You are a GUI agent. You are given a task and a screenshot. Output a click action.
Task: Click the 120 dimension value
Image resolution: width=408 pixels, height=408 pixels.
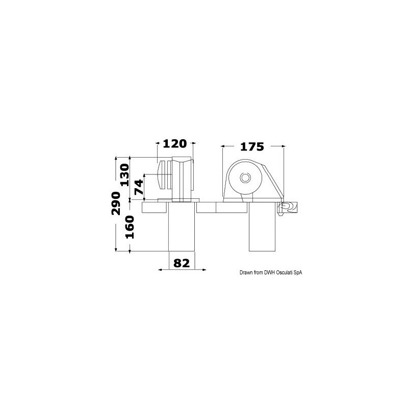point(175,144)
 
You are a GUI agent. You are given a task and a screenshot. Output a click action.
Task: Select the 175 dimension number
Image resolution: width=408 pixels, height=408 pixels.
point(252,147)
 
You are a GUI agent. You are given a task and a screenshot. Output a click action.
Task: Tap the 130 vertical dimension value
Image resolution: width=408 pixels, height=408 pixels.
point(124,175)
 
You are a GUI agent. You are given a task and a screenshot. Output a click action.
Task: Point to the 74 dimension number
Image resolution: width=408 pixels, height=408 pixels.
point(139,187)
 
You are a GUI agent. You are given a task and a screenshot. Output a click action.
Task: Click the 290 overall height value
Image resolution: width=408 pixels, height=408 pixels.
point(116,203)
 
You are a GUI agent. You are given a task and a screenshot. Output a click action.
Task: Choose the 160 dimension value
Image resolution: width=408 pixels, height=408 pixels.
point(130,227)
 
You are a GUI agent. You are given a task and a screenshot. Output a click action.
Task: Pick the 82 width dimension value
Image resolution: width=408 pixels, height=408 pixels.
point(182,263)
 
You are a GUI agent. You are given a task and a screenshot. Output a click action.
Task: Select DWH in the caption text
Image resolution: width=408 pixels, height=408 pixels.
point(270,273)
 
